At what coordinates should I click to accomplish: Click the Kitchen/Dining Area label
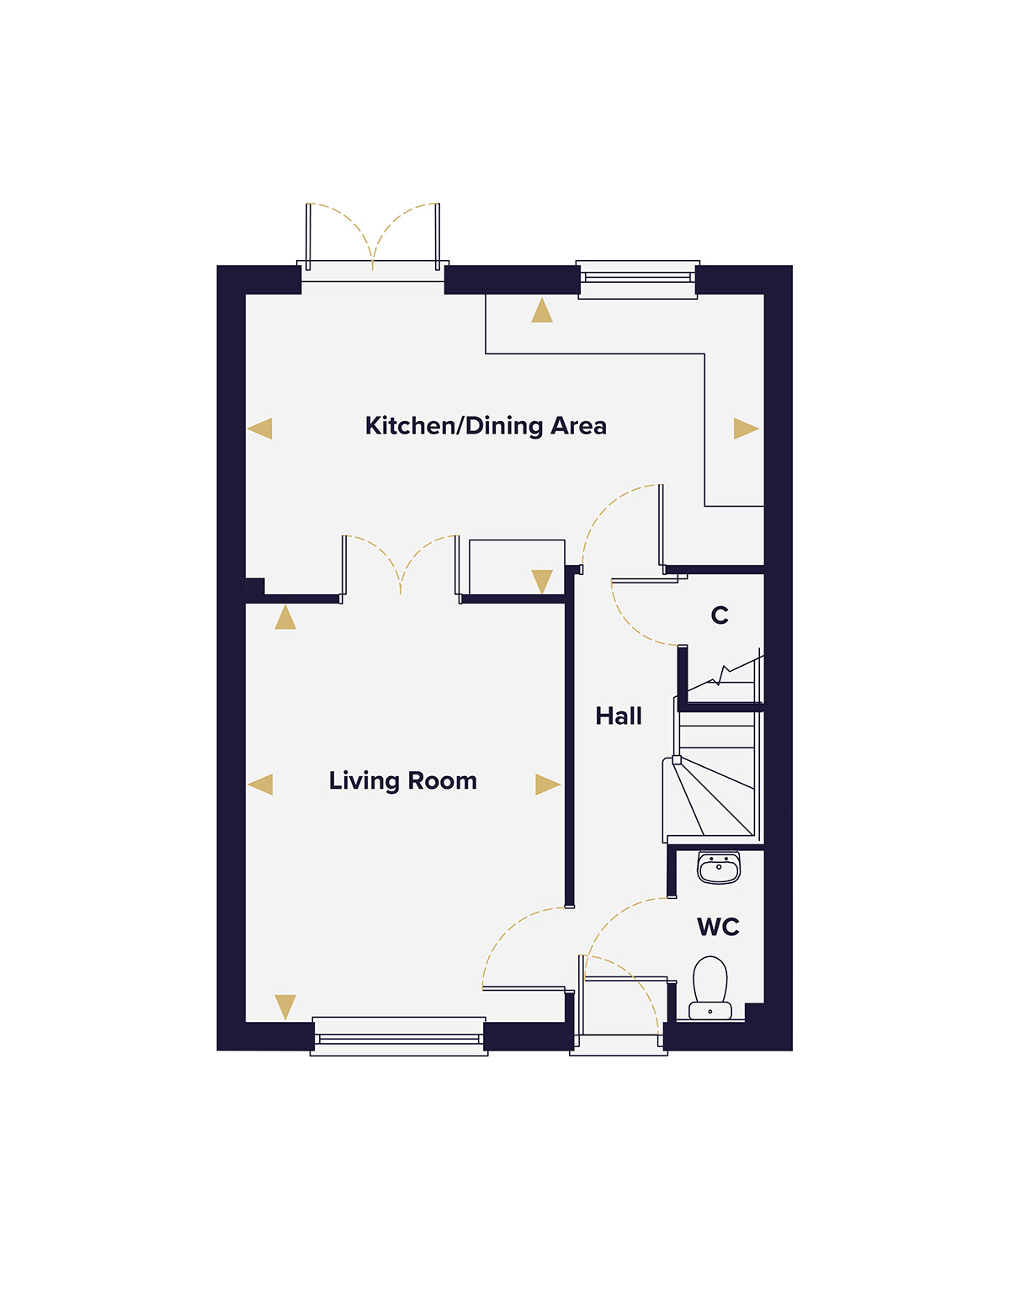click(x=486, y=426)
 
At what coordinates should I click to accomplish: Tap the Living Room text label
click(x=402, y=781)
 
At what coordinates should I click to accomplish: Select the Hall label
click(x=619, y=716)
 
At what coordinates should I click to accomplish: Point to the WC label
click(x=718, y=927)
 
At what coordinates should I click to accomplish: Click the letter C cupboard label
click(x=720, y=615)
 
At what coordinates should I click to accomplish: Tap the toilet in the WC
click(x=710, y=987)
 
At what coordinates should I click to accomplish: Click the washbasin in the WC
click(x=719, y=868)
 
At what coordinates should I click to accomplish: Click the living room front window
click(x=399, y=1037)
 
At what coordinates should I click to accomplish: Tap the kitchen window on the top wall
click(x=638, y=279)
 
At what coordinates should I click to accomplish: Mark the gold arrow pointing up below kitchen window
click(x=542, y=311)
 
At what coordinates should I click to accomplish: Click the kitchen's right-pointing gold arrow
click(x=745, y=428)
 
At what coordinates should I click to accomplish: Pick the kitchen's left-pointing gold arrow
click(x=261, y=428)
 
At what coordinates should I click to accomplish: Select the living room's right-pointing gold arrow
click(x=547, y=785)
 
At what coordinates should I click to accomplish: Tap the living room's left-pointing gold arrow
click(x=261, y=785)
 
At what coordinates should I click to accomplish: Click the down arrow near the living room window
click(x=285, y=1006)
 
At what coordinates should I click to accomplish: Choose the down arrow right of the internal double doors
click(x=542, y=581)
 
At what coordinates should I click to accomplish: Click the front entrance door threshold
click(x=619, y=1045)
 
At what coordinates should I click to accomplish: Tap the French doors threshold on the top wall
click(x=373, y=271)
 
